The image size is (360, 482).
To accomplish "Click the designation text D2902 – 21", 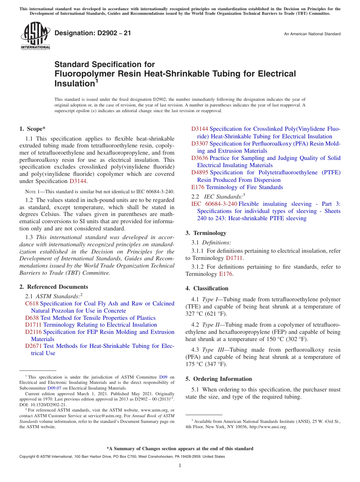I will pos(93,33).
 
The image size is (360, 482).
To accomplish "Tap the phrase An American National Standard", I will pos(312,34).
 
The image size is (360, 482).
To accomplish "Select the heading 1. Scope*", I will pos(33,129).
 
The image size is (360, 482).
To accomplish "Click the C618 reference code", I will pos(32,304).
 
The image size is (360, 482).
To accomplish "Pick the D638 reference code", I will pos(32,318).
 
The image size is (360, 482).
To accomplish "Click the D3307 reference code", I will pos(200,144).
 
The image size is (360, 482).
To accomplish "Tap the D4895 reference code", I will pos(200,172).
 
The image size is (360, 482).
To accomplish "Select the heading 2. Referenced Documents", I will pos(53,287).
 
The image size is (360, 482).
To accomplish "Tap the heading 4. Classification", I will pos(207,288).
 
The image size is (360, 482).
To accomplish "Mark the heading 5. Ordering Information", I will pos(219,379).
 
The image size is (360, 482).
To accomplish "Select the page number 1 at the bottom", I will pos(180,465).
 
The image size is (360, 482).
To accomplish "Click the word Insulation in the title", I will pos(74,83).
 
